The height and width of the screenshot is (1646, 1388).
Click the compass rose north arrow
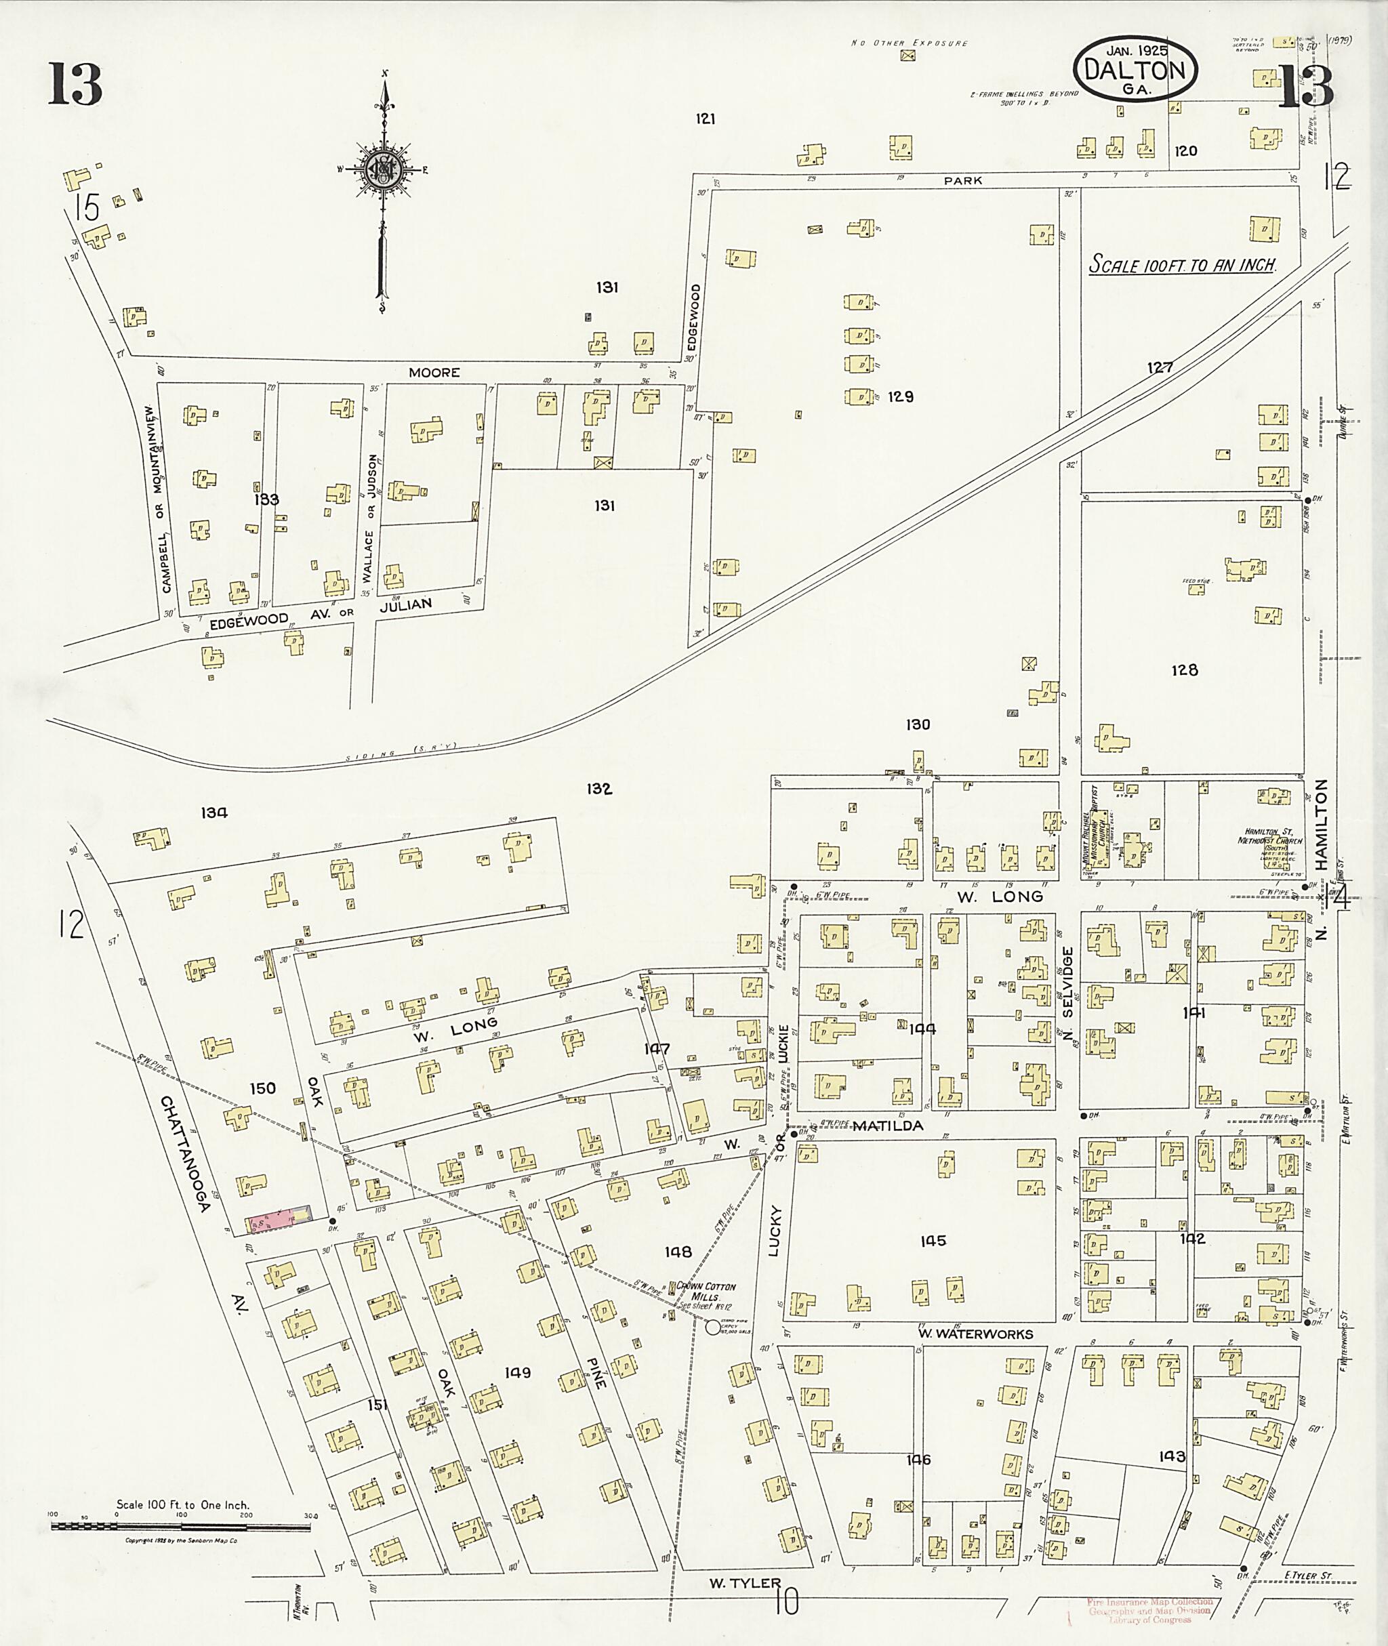tap(385, 169)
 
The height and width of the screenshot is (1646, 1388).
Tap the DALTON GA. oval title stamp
tap(1135, 70)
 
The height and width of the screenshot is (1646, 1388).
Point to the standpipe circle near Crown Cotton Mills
tap(713, 1328)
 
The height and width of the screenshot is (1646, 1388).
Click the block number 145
tap(933, 1241)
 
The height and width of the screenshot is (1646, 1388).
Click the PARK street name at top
tap(963, 180)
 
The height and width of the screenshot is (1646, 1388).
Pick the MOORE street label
tap(434, 372)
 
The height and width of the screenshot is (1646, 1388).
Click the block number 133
tap(267, 499)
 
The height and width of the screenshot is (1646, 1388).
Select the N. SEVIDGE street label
tap(1067, 993)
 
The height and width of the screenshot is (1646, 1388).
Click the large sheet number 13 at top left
tap(75, 84)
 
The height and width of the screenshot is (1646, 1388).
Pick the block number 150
tap(262, 1088)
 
